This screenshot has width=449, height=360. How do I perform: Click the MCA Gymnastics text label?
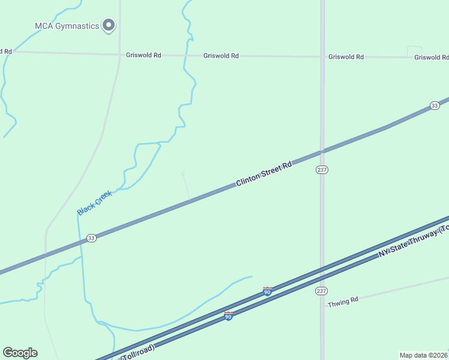(66, 26)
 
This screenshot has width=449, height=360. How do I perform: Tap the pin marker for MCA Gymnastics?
(109, 25)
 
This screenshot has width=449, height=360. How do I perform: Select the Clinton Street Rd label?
(264, 173)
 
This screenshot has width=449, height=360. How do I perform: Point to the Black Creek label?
(94, 203)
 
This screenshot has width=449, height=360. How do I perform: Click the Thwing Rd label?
(343, 301)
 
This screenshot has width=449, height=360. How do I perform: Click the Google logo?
(20, 353)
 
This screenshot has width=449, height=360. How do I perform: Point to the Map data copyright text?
(424, 355)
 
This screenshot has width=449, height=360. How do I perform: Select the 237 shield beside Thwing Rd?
(322, 290)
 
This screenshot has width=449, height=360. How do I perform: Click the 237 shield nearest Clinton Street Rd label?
(322, 170)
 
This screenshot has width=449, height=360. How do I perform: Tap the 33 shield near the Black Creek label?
(91, 238)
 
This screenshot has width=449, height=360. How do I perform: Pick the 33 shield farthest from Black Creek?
(435, 106)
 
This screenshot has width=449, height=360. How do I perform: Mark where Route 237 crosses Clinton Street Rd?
(322, 151)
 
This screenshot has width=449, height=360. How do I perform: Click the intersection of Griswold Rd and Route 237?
(322, 57)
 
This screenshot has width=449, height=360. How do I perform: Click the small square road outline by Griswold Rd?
(414, 52)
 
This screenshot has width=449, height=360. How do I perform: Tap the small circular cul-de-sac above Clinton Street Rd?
(183, 174)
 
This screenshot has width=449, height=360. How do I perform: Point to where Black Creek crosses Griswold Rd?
(187, 56)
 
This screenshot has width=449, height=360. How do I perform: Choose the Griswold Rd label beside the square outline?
(432, 58)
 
